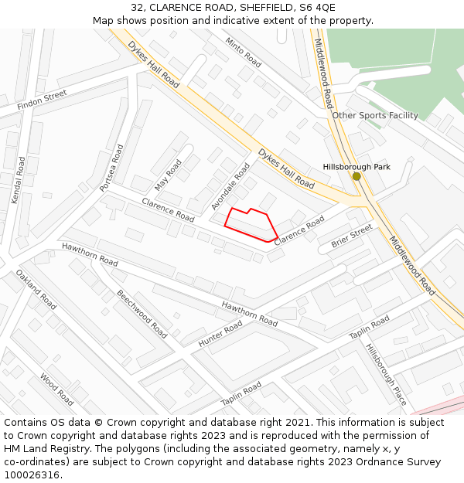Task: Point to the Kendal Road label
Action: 19,180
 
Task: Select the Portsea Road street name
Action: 111,167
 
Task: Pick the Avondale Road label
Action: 230,186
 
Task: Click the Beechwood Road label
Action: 142,314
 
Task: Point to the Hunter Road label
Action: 220,334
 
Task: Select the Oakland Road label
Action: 37,290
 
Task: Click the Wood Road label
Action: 56,390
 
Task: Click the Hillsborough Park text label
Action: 357,166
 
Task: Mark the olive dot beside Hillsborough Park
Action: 357,176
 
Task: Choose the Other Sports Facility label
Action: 375,115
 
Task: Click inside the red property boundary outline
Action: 251,224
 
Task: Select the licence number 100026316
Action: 32,474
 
